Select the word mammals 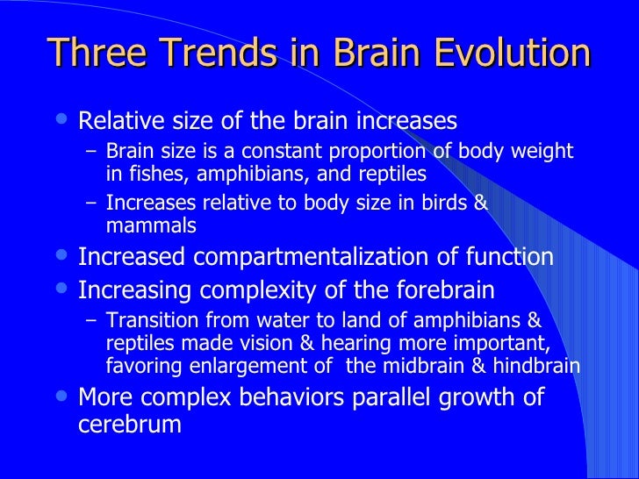coord(150,225)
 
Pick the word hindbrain coord(536,365)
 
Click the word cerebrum coord(129,425)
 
